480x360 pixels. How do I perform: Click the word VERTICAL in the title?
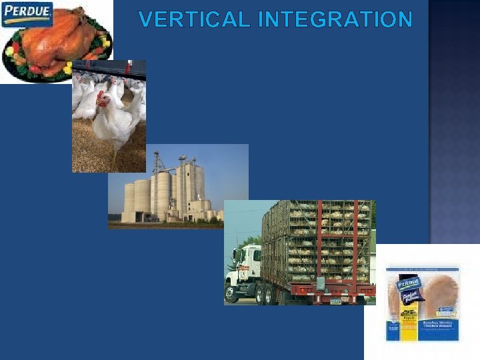point(194,20)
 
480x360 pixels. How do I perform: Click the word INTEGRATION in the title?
point(335,20)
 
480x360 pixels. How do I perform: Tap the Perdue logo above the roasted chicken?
point(27,14)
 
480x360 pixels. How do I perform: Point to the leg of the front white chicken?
point(114,157)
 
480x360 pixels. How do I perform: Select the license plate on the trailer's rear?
point(335,301)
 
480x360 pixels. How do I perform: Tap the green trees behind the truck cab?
point(250,241)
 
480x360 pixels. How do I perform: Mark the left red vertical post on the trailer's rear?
point(320,240)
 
